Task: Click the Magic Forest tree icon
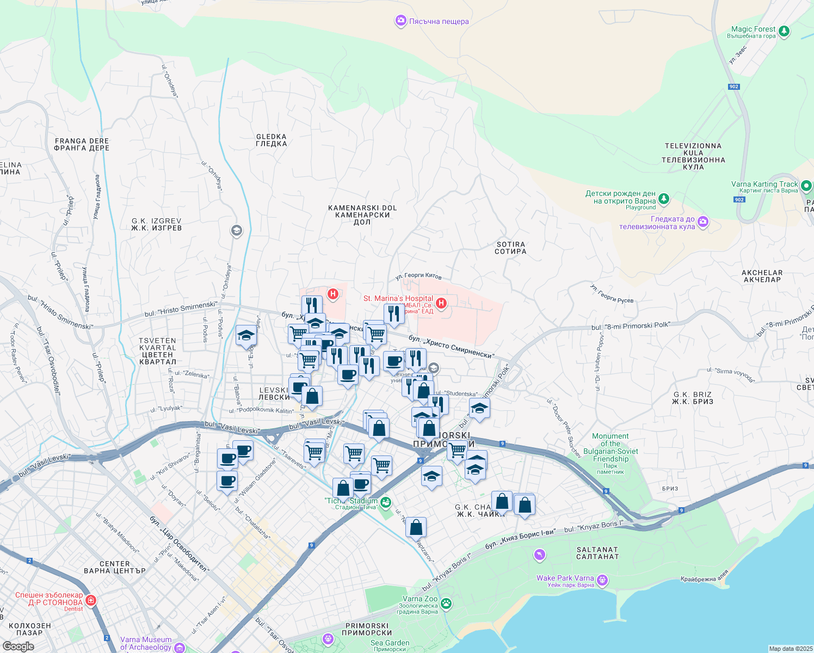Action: pyautogui.click(x=784, y=32)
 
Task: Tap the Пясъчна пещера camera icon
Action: pyautogui.click(x=401, y=21)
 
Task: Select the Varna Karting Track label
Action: pyautogui.click(x=764, y=184)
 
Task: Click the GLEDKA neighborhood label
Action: pyautogui.click(x=271, y=140)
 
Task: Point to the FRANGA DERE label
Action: pyautogui.click(x=82, y=144)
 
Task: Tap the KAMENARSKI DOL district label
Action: pyautogui.click(x=362, y=214)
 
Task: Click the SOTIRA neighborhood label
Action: pyautogui.click(x=510, y=248)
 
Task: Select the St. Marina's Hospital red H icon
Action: pyautogui.click(x=441, y=303)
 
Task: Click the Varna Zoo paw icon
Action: pyautogui.click(x=446, y=603)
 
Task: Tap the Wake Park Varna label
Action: pyautogui.click(x=565, y=578)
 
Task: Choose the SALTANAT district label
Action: pyautogui.click(x=597, y=553)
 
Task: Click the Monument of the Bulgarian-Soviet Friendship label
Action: pyautogui.click(x=610, y=448)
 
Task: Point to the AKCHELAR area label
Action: pyautogui.click(x=762, y=276)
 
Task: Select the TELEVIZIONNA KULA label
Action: pyautogui.click(x=693, y=156)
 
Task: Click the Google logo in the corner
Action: pyautogui.click(x=18, y=646)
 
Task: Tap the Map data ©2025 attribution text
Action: pyautogui.click(x=790, y=649)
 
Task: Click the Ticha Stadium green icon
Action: pyautogui.click(x=386, y=502)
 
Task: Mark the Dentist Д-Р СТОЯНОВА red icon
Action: pyautogui.click(x=91, y=600)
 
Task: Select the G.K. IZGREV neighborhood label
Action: pyautogui.click(x=156, y=224)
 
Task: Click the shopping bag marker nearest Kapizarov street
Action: pyautogui.click(x=416, y=527)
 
